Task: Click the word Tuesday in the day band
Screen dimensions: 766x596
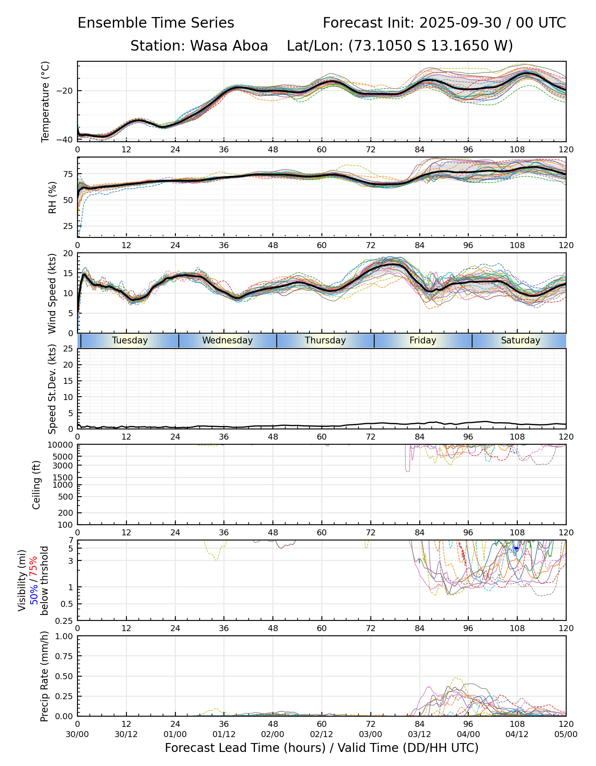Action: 130,340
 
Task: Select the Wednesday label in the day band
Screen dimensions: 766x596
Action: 227,340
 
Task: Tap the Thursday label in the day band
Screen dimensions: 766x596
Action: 325,340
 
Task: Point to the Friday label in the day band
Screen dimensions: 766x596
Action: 423,340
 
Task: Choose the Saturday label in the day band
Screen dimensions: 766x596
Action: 520,340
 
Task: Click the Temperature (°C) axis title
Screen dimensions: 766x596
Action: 46,101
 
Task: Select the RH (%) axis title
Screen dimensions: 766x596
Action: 52,197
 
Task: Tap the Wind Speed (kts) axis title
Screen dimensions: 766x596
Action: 52,293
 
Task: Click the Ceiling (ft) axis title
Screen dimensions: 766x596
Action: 37,485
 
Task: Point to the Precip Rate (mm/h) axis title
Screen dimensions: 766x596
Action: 45,676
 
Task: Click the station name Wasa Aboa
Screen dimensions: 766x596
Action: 199,46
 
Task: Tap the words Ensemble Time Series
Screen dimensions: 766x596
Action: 156,23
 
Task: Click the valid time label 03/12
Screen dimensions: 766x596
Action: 419,734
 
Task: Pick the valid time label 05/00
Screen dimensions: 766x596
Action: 566,734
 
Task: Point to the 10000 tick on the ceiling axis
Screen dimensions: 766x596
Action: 62,445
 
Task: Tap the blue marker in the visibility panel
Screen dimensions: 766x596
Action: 516,549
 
